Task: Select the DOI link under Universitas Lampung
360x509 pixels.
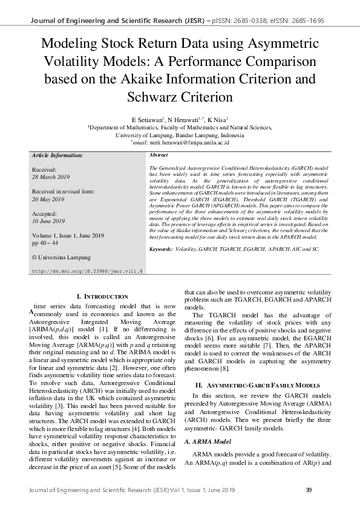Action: (x=87, y=271)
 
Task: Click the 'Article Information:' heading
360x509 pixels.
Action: (x=57, y=155)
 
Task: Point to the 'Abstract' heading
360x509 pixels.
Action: (x=159, y=155)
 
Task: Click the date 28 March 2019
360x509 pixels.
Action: (x=51, y=177)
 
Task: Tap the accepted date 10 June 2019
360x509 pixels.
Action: (x=48, y=221)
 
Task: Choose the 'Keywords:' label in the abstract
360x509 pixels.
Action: (x=161, y=248)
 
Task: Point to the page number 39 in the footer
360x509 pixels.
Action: (x=309, y=489)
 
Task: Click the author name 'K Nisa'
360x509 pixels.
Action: (x=217, y=120)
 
